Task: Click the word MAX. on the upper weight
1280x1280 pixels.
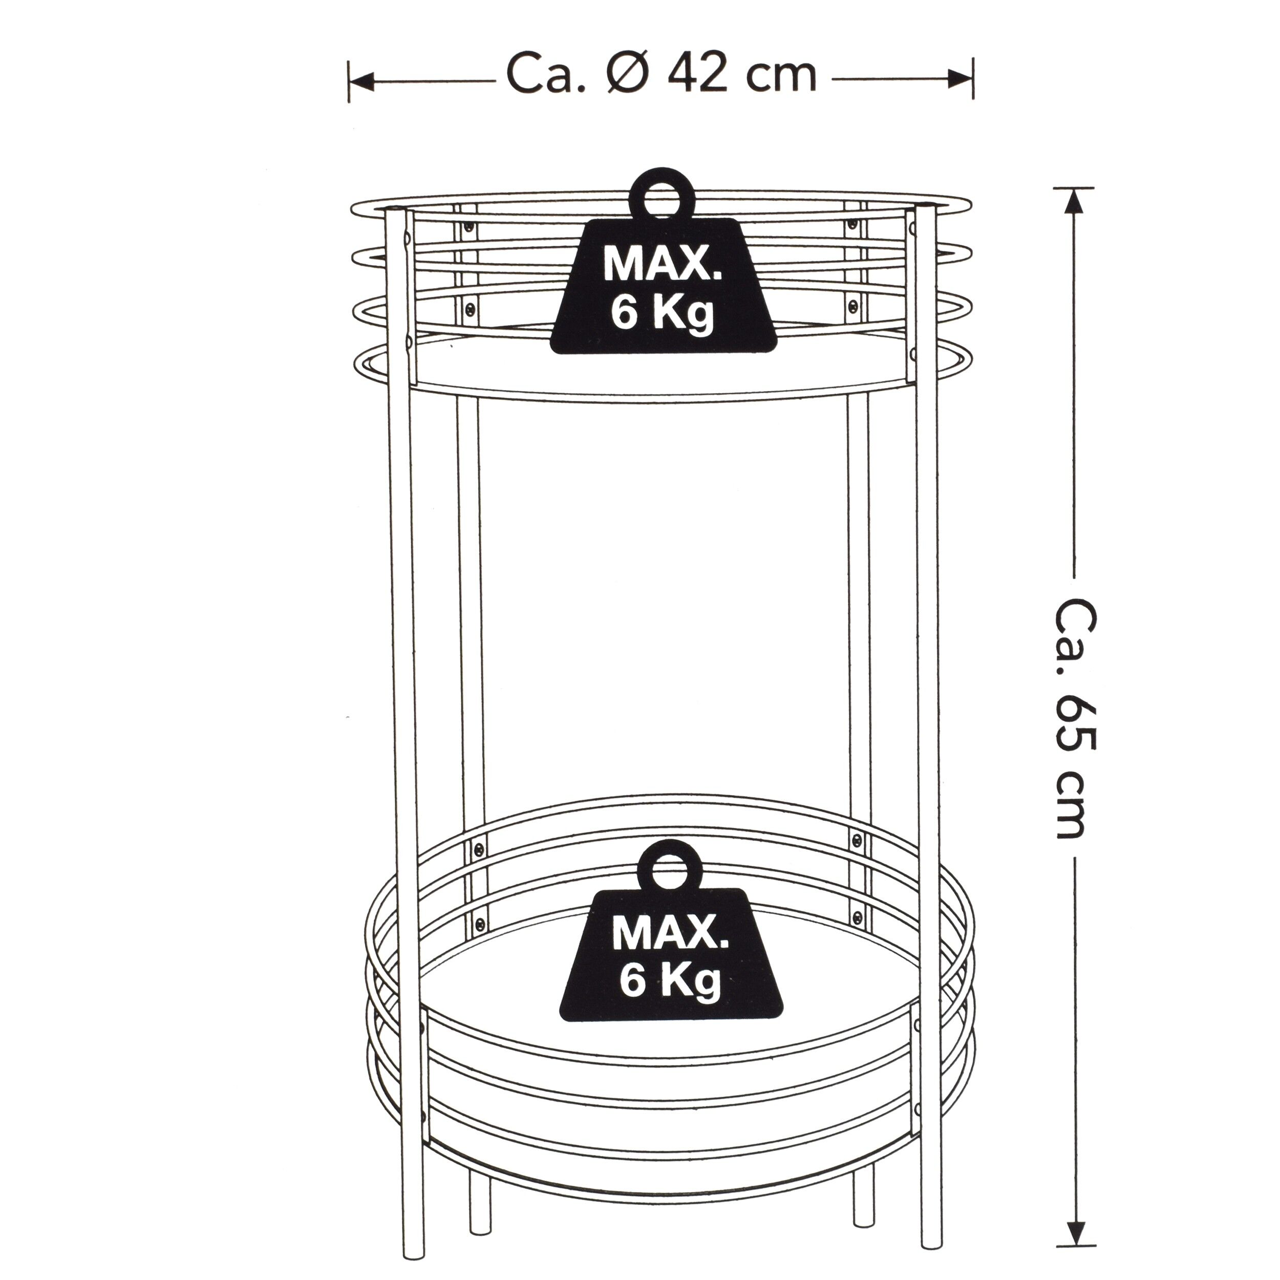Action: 663,266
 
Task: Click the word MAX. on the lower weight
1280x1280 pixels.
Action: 670,933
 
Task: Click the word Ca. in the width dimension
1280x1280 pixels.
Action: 546,76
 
